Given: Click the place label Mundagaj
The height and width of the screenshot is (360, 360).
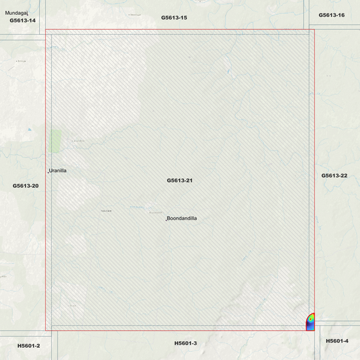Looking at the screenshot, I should point(16,12).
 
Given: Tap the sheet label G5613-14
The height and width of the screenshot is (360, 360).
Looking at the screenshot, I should point(22,20).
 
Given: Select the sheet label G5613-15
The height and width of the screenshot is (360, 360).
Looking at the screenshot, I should point(174,17).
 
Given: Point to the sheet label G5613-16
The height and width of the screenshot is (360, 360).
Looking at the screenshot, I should point(331,15).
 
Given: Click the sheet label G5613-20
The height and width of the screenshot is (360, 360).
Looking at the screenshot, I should point(26,185).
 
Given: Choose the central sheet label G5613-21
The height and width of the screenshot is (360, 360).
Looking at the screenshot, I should point(180,180).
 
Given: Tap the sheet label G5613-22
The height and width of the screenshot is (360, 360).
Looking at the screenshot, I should point(334,176).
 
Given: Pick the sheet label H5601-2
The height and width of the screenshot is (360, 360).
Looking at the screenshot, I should point(28,346).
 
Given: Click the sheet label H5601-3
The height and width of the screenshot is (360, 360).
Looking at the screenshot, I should point(185,343).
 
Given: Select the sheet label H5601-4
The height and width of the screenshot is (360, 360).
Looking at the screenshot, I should point(337,341).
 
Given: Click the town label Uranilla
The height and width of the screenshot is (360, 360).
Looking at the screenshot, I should point(58,171).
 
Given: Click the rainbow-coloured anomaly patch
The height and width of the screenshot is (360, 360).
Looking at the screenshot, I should point(311,322).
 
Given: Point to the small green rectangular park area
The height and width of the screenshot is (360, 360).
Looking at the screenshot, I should point(56,140).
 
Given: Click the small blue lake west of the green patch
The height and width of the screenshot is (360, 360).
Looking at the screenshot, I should point(29,130).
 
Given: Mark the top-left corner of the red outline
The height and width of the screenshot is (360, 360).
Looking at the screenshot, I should point(45,29).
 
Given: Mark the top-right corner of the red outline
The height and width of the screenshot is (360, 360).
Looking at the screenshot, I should point(315,29).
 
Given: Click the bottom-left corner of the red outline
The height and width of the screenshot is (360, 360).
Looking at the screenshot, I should point(45,330).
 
